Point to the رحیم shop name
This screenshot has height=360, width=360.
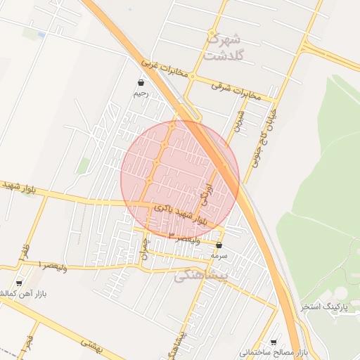pyautogui.click(x=142, y=94)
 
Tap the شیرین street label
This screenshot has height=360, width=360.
pyautogui.click(x=240, y=120)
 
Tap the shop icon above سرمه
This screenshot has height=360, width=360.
pyautogui.click(x=219, y=245)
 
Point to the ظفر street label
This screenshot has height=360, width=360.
pyautogui.click(x=25, y=250)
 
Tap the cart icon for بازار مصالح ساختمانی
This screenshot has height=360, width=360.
pyautogui.click(x=274, y=340)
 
